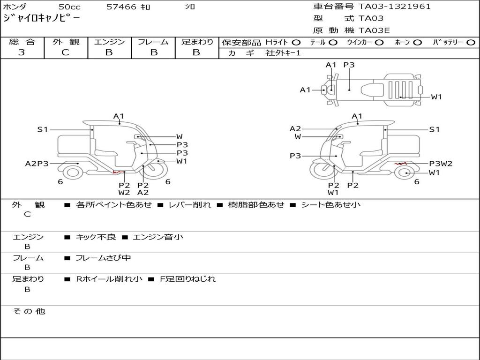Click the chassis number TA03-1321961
click(395, 7)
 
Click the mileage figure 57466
click(121, 7)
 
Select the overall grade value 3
click(22, 52)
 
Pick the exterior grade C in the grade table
click(65, 52)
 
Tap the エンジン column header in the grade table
click(109, 42)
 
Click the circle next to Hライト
click(296, 43)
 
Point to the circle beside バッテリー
click(471, 43)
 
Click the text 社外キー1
click(283, 53)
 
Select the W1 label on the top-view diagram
click(436, 97)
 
